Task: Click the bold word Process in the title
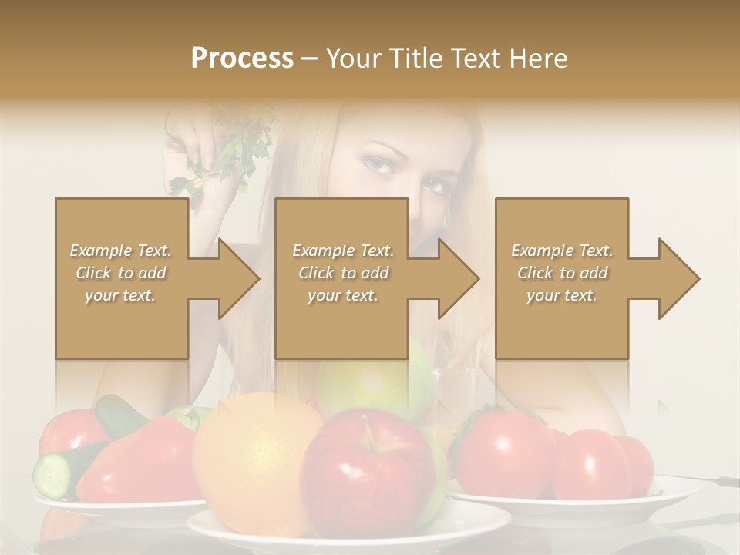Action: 242,59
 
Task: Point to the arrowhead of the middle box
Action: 459,278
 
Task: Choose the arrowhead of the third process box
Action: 679,278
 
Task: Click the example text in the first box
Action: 120,273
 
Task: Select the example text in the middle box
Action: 342,273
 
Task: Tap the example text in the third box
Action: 561,273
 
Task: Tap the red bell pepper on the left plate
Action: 139,462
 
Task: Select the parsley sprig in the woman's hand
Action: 231,146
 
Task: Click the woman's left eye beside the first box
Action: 377,164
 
